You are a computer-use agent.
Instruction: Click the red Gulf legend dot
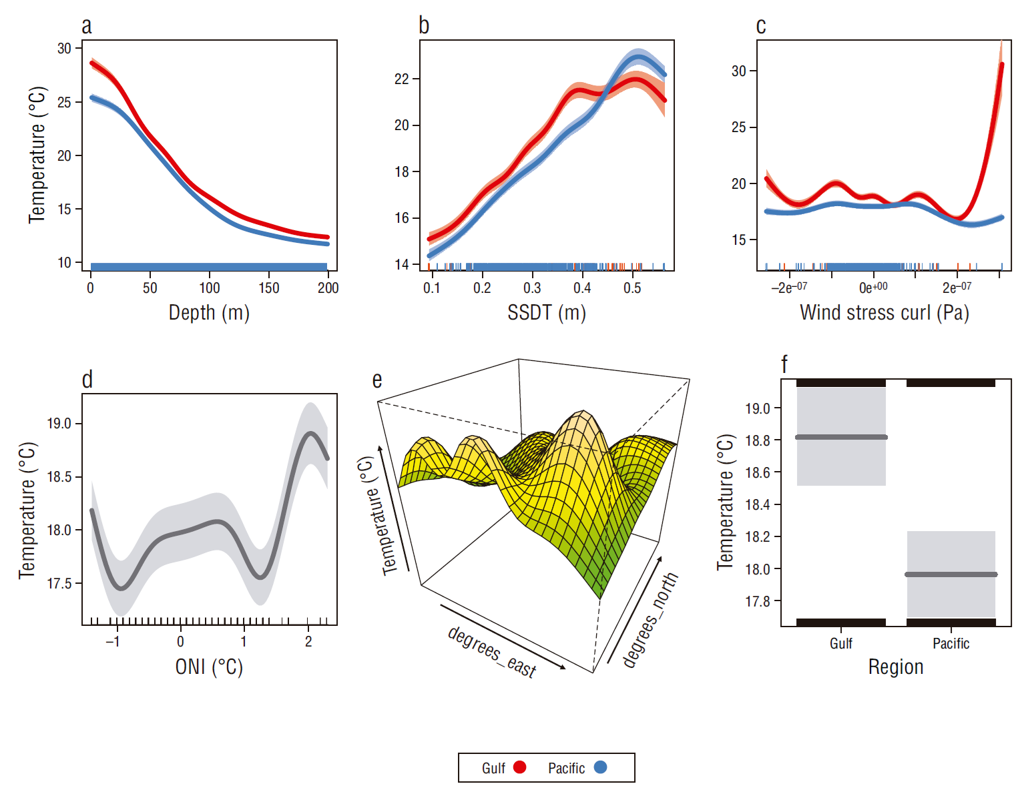click(x=519, y=767)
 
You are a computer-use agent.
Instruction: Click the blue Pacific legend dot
click(x=600, y=767)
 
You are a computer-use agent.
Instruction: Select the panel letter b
click(x=424, y=25)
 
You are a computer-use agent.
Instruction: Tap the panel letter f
click(x=784, y=364)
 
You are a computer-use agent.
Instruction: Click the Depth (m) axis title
click(x=209, y=312)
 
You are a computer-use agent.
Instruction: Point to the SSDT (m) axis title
click(x=547, y=312)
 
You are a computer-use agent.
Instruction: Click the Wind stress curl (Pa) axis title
click(x=884, y=312)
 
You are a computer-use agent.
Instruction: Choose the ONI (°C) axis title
click(x=209, y=667)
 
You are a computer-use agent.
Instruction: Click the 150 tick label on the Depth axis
click(x=269, y=288)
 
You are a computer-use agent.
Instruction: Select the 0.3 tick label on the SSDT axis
click(x=532, y=288)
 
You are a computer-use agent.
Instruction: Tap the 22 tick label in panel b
click(x=401, y=79)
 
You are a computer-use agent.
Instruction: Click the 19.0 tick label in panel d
click(x=59, y=424)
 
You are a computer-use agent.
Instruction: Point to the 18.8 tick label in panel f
click(x=758, y=440)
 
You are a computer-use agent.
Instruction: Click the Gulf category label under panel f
click(x=841, y=643)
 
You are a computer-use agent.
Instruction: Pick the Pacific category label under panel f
click(x=951, y=643)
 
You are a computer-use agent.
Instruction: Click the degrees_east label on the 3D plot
click(x=492, y=652)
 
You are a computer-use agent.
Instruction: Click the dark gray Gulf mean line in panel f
click(x=841, y=437)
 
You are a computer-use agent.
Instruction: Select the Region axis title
click(x=896, y=667)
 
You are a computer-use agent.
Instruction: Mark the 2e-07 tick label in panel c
click(x=957, y=288)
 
